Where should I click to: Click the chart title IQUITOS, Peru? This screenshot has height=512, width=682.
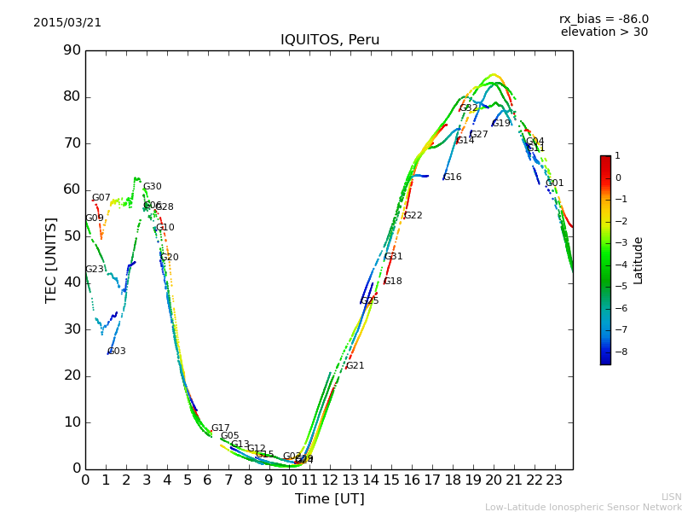(330, 40)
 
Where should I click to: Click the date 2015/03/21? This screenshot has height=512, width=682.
(67, 23)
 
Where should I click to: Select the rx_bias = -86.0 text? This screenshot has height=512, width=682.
(604, 19)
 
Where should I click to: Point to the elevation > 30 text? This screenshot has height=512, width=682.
(604, 32)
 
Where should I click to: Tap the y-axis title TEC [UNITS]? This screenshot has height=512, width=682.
(51, 259)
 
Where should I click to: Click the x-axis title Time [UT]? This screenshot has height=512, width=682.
(329, 499)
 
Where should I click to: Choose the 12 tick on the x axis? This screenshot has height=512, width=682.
(330, 480)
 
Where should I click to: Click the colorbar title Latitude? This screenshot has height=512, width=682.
(639, 260)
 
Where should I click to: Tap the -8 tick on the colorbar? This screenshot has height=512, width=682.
(619, 352)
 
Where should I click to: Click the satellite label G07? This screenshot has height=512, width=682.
(101, 198)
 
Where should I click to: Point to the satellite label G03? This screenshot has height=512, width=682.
(117, 352)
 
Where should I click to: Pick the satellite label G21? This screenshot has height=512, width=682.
(355, 366)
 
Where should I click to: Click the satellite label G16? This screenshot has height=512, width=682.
(452, 177)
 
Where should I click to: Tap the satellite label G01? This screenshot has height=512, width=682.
(555, 183)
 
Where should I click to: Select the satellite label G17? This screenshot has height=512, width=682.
(220, 428)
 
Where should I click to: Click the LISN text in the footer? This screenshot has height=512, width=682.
(671, 497)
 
